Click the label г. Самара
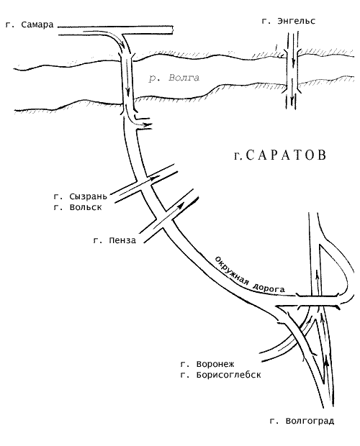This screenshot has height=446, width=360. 30,24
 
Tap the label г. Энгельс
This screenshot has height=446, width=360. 289,22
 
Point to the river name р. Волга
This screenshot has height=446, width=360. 174,78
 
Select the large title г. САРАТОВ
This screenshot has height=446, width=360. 280,155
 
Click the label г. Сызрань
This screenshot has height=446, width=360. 81,196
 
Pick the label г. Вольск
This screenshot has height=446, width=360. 78,207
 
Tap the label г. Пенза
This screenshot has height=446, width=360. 114,240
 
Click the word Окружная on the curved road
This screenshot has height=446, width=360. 231,270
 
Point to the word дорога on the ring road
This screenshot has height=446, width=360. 269,288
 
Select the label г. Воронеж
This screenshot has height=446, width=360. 207,364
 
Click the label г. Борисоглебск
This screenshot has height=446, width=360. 220,375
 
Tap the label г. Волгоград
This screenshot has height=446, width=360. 302,421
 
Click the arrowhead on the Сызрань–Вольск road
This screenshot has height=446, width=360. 156,178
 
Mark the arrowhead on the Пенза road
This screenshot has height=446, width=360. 180,206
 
